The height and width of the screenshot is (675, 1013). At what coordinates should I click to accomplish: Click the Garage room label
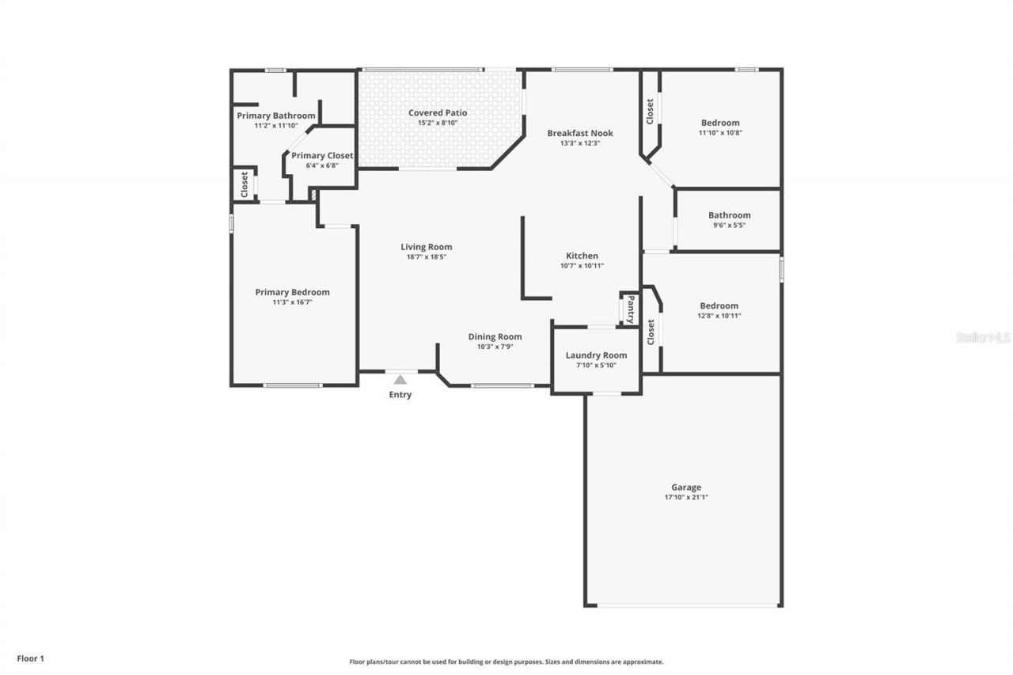[x=686, y=487]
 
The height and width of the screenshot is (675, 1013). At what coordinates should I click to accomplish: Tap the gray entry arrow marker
[x=400, y=379]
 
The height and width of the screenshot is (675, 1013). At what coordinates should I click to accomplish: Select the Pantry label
[x=631, y=309]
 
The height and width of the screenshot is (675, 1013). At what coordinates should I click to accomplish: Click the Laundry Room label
[x=596, y=355]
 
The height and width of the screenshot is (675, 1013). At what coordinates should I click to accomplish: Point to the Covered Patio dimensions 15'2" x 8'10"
[x=438, y=123]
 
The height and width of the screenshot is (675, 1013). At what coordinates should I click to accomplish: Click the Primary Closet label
[x=322, y=156]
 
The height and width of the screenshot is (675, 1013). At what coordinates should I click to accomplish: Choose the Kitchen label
[x=582, y=256]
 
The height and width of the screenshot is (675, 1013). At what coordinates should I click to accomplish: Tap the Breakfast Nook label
[x=580, y=133]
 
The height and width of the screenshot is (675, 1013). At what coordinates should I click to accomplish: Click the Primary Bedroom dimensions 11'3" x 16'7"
[x=292, y=301]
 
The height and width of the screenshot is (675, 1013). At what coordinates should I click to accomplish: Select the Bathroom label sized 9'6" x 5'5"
[x=729, y=215]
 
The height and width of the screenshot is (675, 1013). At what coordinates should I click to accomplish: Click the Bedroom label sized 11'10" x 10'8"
[x=720, y=123]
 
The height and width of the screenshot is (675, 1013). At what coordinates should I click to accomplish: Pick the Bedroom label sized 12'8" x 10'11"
[x=719, y=305]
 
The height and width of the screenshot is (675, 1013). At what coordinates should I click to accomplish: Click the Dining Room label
[x=495, y=336]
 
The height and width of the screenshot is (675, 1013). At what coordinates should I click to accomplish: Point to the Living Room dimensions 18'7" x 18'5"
[x=426, y=256]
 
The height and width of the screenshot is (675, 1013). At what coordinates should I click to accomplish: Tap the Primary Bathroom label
[x=276, y=116]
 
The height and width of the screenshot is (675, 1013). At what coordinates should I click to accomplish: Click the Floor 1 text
[x=31, y=658]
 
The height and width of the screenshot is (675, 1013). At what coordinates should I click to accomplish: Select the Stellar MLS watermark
[x=983, y=337]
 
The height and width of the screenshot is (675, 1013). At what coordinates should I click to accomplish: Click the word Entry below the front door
[x=400, y=395]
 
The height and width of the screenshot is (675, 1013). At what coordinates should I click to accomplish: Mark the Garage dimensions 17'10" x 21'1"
[x=686, y=498]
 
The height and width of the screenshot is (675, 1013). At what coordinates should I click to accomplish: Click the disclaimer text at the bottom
[x=506, y=662]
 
